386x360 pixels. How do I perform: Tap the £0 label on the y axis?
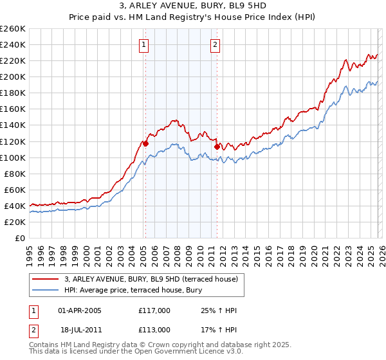coord(20,238)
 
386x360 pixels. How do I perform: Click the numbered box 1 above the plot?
coord(143,45)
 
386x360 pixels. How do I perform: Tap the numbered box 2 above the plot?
coord(214,45)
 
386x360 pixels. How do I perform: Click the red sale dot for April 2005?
coord(145,143)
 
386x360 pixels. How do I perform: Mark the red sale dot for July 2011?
coord(217,147)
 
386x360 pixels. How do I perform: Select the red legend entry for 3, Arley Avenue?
coord(151,279)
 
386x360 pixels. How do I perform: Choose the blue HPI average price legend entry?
coord(133,291)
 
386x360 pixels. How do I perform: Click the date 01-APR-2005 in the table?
coord(80,310)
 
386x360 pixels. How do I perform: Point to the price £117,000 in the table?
coord(153,310)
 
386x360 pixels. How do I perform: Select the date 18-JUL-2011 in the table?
coord(80,330)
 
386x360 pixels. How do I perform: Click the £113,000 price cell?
coord(153,330)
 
